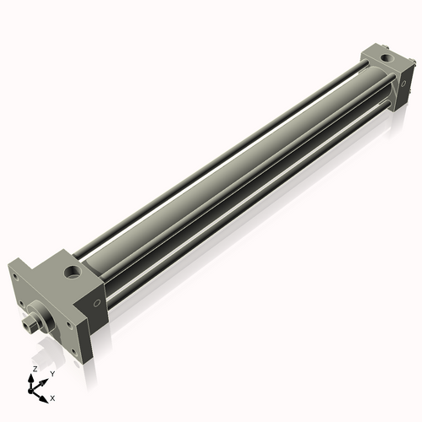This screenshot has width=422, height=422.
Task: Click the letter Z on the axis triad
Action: [35, 369]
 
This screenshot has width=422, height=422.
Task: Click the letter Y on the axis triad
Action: [52, 374]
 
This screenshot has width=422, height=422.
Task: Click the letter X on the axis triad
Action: [52, 398]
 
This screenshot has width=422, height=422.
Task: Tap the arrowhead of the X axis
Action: [43, 399]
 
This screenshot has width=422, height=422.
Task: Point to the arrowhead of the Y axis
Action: [43, 382]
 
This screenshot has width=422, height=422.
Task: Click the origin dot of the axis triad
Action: [30, 391]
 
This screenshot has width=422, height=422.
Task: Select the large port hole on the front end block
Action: [73, 272]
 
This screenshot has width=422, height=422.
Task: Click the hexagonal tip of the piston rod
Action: [29, 325]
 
